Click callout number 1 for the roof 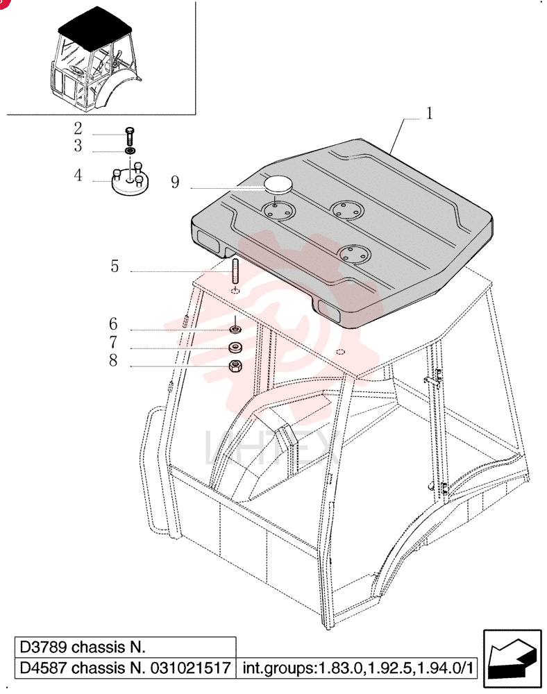pyautogui.click(x=429, y=113)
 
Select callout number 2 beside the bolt pyautogui.click(x=78, y=128)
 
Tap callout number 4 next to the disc pyautogui.click(x=78, y=176)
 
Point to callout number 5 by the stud pyautogui.click(x=115, y=266)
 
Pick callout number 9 pyautogui.click(x=175, y=182)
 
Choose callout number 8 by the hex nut pyautogui.click(x=113, y=360)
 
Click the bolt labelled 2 pyautogui.click(x=130, y=136)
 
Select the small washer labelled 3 pyautogui.click(x=130, y=151)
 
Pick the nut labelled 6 pyautogui.click(x=235, y=330)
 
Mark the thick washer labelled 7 pyautogui.click(x=235, y=347)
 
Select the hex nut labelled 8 pyautogui.click(x=235, y=366)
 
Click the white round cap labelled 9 pyautogui.click(x=277, y=184)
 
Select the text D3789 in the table pyautogui.click(x=42, y=648)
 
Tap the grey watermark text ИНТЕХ pyautogui.click(x=273, y=448)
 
